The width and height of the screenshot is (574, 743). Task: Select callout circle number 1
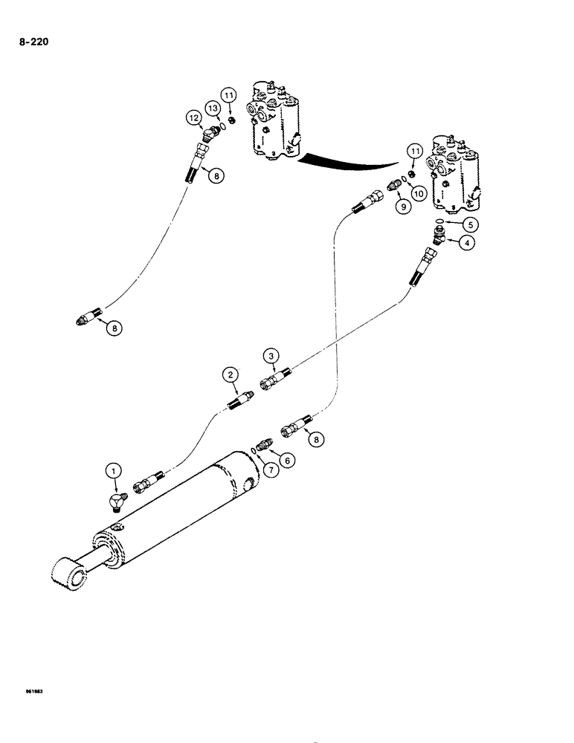113,470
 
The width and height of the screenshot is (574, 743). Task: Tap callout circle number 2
232,374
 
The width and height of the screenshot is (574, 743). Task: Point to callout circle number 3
272,357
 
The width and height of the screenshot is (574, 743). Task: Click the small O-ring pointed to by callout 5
441,221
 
